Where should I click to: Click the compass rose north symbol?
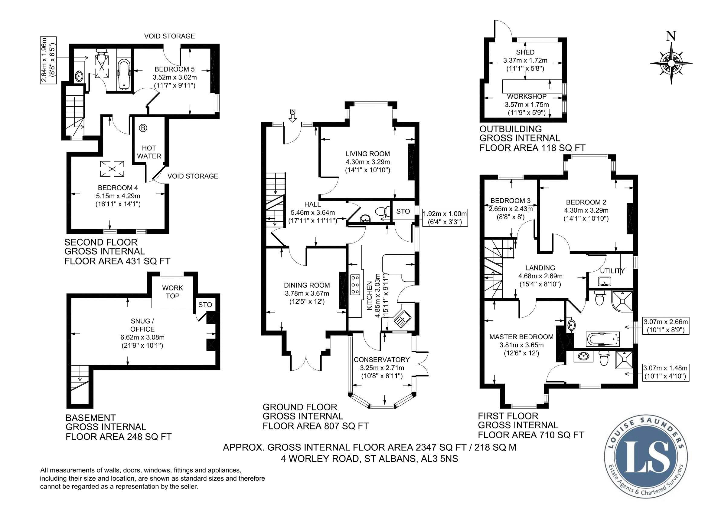[x=671, y=63]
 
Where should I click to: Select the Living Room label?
[x=367, y=154]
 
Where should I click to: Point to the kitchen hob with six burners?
[x=355, y=285]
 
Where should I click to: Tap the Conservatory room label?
[x=382, y=359]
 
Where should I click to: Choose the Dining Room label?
[x=307, y=285]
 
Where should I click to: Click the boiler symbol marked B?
[x=143, y=128]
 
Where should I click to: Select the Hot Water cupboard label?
[x=149, y=152]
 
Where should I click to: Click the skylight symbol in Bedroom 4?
[x=112, y=169]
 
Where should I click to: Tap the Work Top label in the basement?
[x=172, y=292]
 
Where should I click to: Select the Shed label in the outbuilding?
[x=525, y=52]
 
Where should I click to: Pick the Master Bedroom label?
[x=521, y=337]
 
